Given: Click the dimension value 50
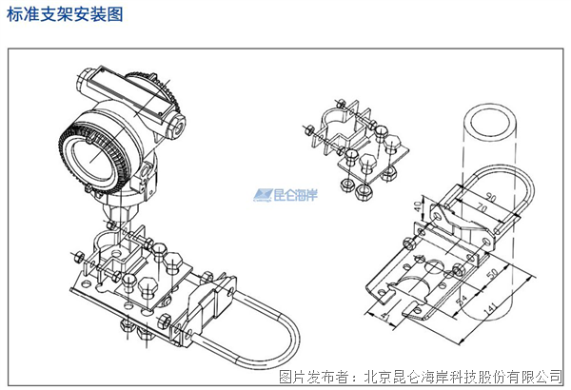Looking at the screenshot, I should [x=490, y=275].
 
